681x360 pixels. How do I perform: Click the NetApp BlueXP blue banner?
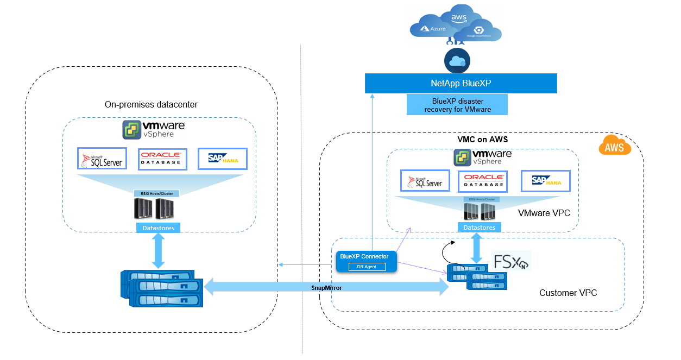(x=461, y=84)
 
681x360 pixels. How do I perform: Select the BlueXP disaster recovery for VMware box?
(x=457, y=105)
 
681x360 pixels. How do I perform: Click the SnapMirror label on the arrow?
(x=326, y=288)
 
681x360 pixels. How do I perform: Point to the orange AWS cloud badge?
(x=614, y=147)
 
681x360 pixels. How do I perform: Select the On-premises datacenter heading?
(x=151, y=104)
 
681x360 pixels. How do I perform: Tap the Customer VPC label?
(x=568, y=293)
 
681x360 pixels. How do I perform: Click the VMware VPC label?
(x=544, y=213)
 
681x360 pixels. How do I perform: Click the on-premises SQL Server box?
(x=102, y=159)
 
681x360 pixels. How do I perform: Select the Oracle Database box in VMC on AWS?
(x=482, y=181)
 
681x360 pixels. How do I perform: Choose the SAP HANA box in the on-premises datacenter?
(x=222, y=159)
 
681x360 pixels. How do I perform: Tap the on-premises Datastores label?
(x=158, y=228)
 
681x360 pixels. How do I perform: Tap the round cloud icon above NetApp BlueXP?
(x=456, y=61)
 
